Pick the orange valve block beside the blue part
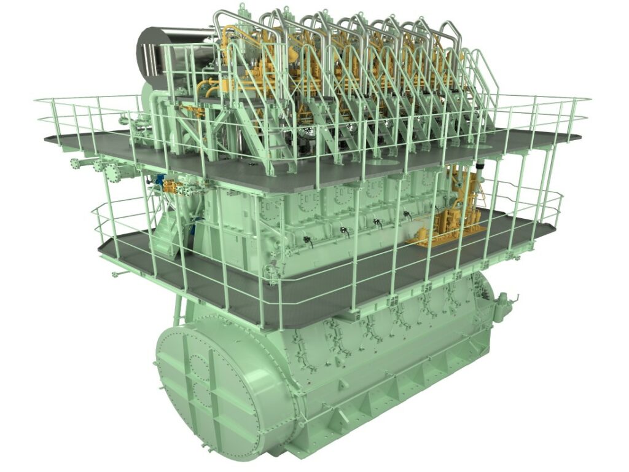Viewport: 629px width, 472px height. point(178,186)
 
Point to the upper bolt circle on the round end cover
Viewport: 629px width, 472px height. point(203,367)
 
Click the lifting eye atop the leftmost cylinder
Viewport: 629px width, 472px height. point(242,8)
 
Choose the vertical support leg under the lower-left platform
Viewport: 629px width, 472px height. point(178,307)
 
